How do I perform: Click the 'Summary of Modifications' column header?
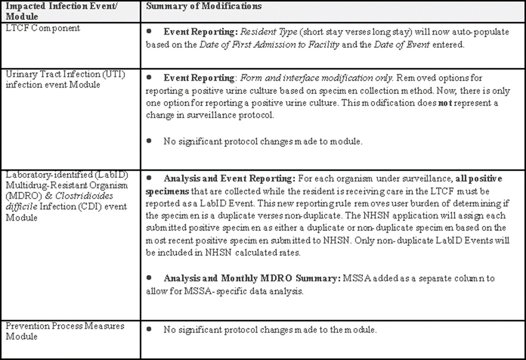point(204,6)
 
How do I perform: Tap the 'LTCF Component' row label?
point(43,28)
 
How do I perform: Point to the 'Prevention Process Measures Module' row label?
point(65,331)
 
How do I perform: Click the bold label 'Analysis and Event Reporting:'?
point(229,179)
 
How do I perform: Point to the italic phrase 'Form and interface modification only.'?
point(304,78)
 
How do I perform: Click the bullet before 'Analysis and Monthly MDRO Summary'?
point(150,278)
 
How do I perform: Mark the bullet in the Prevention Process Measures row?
point(150,329)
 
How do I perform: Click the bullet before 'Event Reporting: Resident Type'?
point(150,31)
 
